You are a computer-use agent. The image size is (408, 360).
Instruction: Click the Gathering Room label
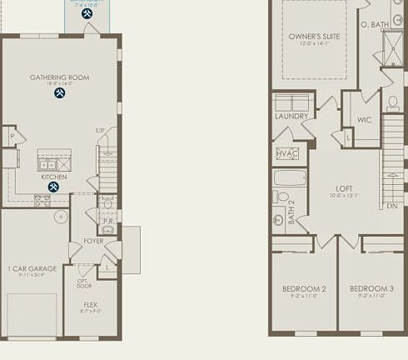point(59,77)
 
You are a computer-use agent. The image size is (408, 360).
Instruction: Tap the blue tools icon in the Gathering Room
point(60,93)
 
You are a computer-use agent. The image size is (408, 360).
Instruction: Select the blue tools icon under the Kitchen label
point(53,187)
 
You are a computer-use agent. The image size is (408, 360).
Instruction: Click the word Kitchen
point(53,177)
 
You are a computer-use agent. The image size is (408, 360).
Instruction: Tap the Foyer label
point(93,241)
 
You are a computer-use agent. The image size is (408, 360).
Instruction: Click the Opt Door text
point(84,283)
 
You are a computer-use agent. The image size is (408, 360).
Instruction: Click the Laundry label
point(291,116)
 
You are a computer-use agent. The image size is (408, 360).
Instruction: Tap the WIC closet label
point(364,120)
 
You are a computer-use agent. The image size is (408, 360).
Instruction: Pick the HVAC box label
point(287,153)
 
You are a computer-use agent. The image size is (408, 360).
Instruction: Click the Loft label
point(345,188)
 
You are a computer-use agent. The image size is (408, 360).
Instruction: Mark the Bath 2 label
point(291,212)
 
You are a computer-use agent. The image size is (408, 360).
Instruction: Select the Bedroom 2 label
point(303,288)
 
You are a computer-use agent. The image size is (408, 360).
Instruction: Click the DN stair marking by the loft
point(391,205)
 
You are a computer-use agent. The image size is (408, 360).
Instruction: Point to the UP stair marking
point(100,131)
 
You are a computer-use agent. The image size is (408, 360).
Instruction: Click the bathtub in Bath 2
point(290,177)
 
